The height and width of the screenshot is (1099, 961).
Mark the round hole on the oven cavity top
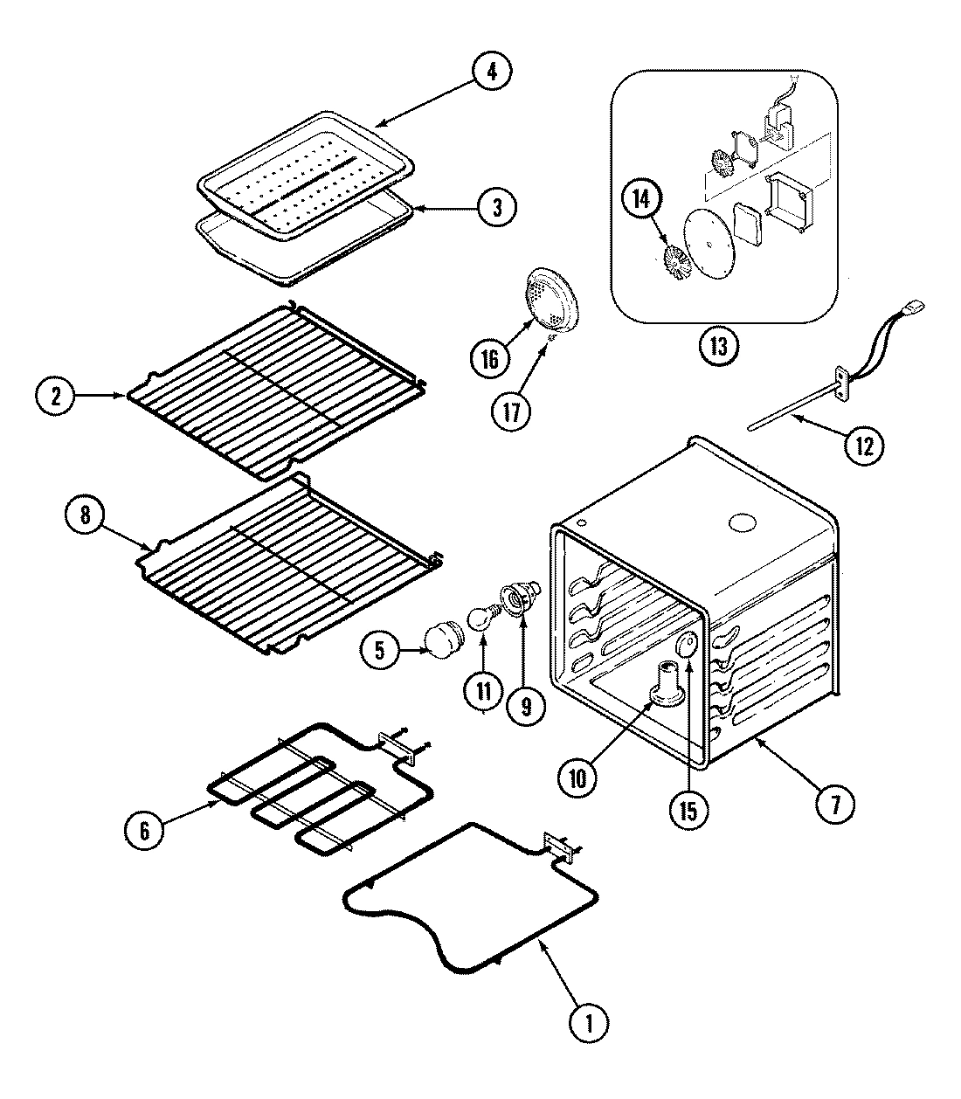coord(741,523)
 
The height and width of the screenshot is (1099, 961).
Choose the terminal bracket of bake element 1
coord(556,845)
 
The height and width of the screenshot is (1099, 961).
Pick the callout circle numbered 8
coord(85,515)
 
